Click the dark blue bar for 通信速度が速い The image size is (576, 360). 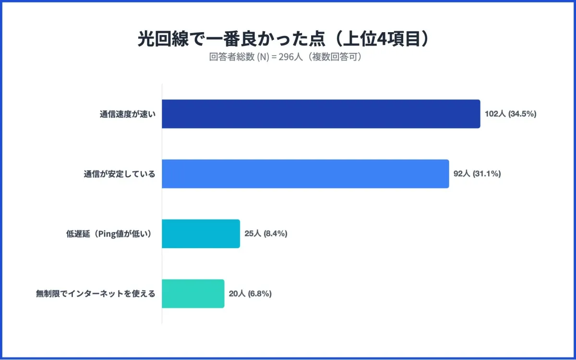[x=321, y=114]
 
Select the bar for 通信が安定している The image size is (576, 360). [x=305, y=174]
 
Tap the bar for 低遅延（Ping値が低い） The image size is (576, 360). [x=201, y=234]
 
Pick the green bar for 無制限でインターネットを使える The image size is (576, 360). [x=193, y=294]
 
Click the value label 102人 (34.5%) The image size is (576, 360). [x=510, y=114]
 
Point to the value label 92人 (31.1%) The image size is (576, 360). [x=477, y=174]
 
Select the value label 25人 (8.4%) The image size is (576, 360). [x=265, y=234]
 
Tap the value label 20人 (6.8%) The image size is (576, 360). [x=250, y=294]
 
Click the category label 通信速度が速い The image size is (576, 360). [x=128, y=114]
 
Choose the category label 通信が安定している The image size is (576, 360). [x=120, y=174]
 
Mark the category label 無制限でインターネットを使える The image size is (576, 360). [x=96, y=294]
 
